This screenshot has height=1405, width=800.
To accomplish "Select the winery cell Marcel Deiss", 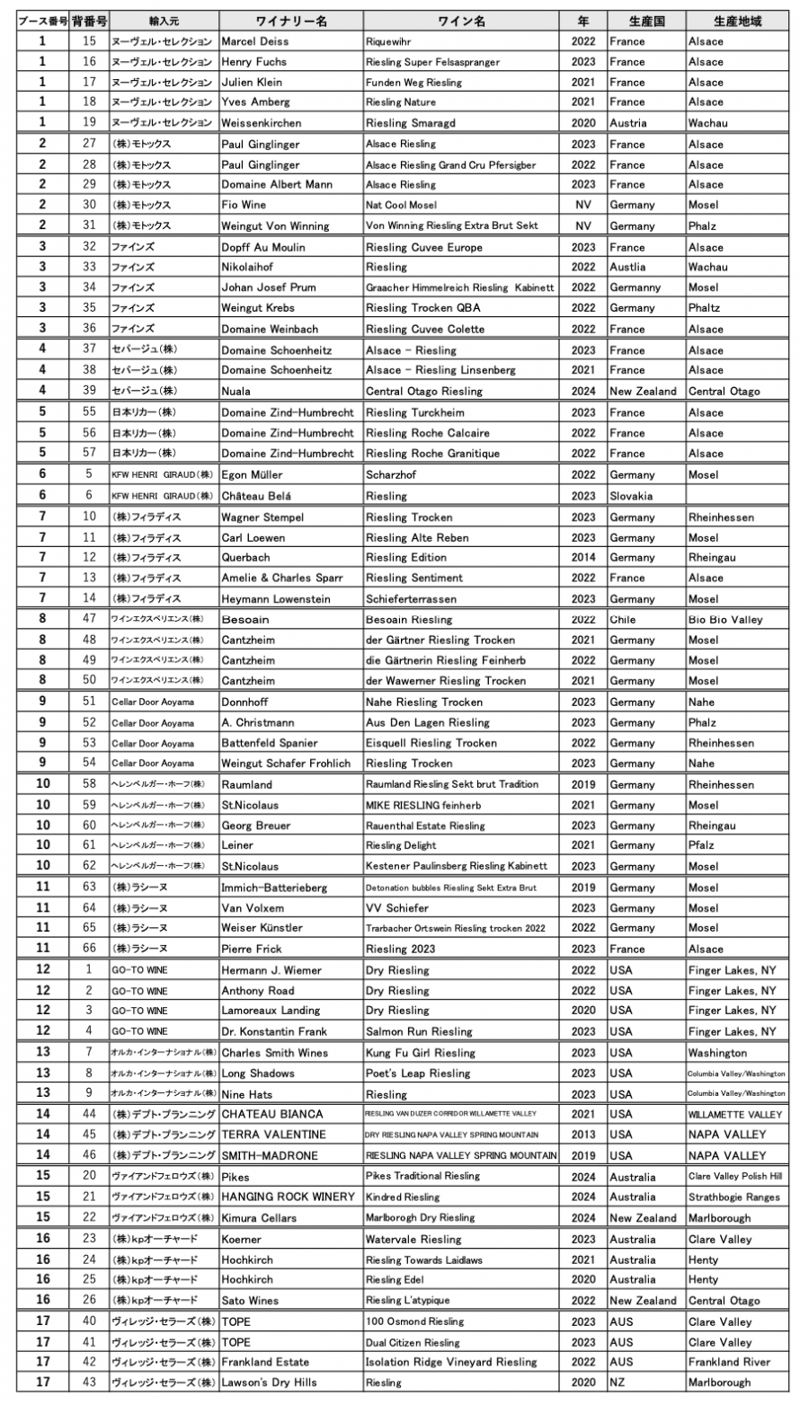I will pyautogui.click(x=255, y=41).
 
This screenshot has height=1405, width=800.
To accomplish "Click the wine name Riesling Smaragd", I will pyautogui.click(x=408, y=123).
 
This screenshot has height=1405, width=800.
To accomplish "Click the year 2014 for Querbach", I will pyautogui.click(x=582, y=557).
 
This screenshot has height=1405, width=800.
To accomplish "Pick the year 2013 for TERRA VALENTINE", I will pyautogui.click(x=582, y=1135).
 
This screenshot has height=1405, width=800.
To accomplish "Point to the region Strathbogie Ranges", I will pyautogui.click(x=733, y=1197).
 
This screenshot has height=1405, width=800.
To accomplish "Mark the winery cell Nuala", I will pyautogui.click(x=236, y=391).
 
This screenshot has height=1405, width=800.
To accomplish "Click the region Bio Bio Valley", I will pyautogui.click(x=724, y=619).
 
